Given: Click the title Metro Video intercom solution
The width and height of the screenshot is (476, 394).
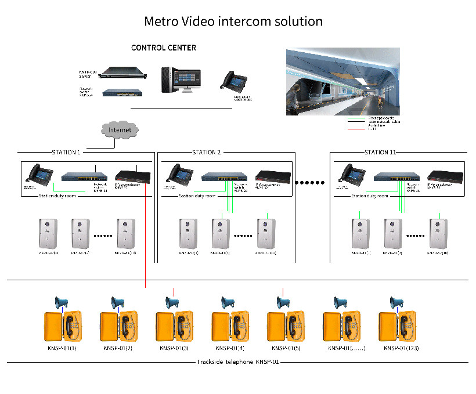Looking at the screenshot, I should (x=233, y=21).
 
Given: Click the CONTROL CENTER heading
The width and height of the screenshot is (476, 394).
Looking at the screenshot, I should (x=163, y=48).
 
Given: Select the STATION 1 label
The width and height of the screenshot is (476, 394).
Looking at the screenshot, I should (x=66, y=153).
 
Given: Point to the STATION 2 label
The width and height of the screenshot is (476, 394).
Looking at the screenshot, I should (x=207, y=153).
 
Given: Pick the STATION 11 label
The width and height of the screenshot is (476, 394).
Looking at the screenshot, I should (x=380, y=153).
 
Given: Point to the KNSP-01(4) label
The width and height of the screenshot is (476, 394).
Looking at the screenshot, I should (x=230, y=348).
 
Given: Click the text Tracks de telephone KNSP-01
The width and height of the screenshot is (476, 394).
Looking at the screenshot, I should (x=238, y=362).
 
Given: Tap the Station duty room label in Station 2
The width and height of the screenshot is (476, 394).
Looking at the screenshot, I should (x=197, y=196).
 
